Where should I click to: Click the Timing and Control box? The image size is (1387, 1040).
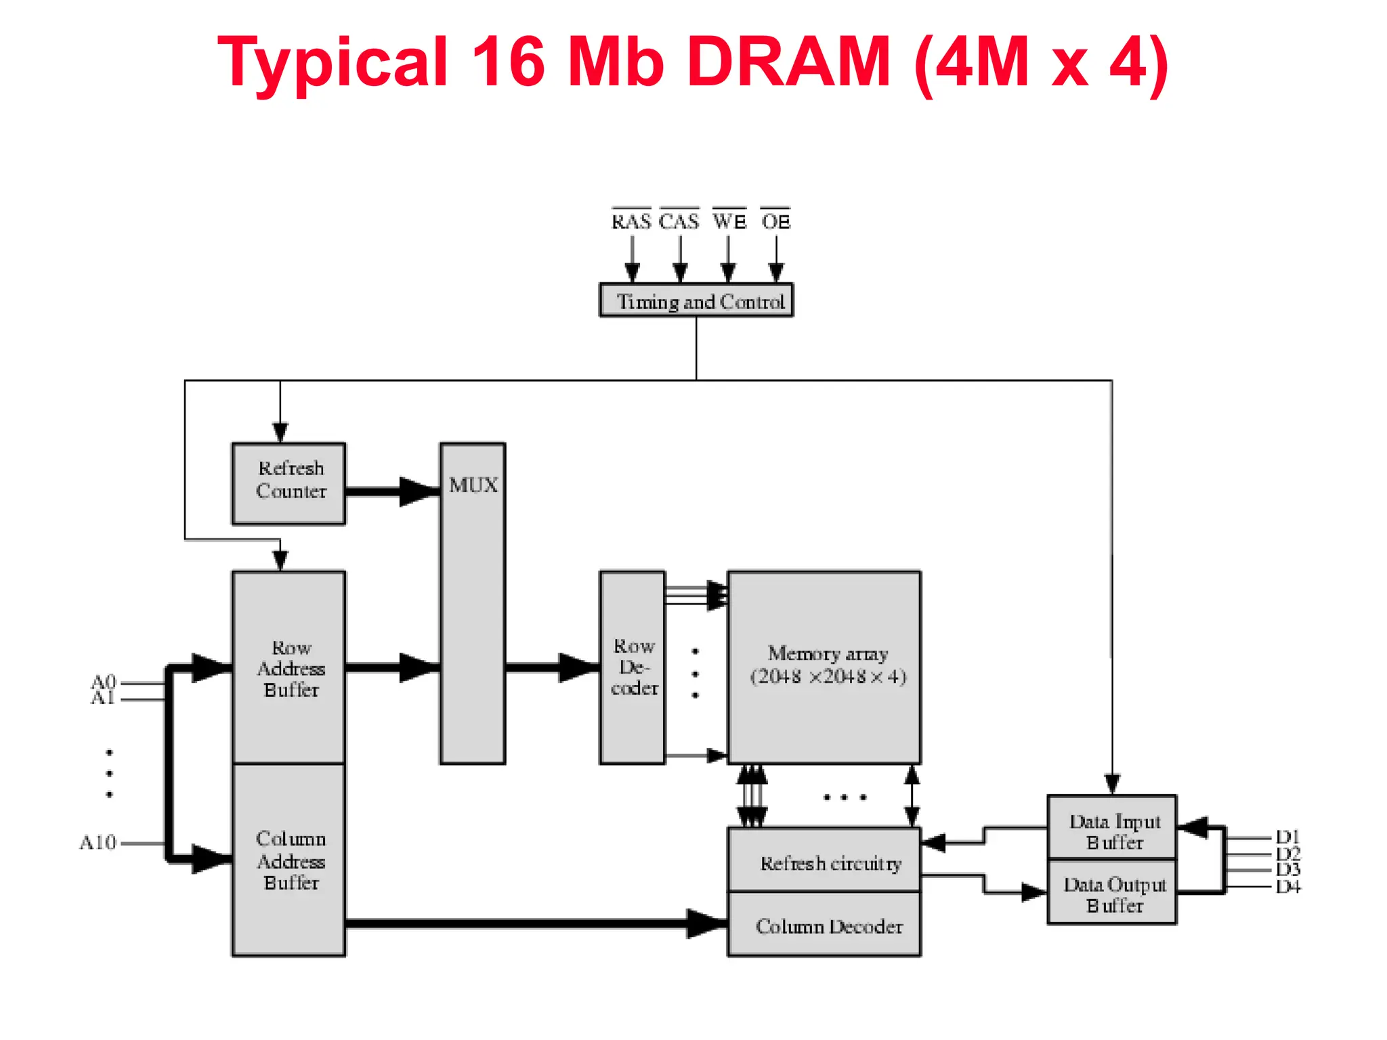point(696,301)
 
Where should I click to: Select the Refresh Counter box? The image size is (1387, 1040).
point(289,483)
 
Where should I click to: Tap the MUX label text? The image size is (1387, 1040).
point(473,485)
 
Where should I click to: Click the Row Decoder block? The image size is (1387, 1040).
point(632,668)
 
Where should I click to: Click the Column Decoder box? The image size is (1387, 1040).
point(824,925)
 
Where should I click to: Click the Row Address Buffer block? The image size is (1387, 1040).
point(289,668)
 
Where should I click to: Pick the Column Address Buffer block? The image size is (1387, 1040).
point(289,860)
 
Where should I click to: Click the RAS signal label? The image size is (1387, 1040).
point(631,221)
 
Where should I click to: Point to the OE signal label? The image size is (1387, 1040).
point(775,221)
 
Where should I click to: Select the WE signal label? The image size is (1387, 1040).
point(729,221)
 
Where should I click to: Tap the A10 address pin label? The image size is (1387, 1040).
point(98,843)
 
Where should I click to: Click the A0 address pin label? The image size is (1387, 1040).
point(104,680)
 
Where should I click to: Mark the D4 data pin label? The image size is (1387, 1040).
point(1287,887)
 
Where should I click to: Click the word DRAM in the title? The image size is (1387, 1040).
point(788,62)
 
